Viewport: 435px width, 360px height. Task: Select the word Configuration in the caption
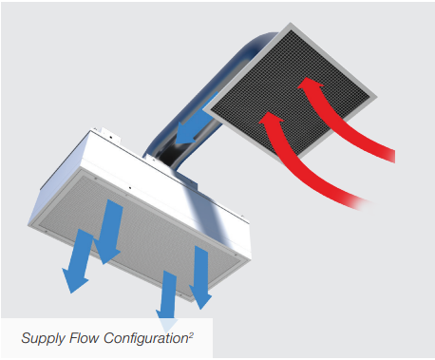[146, 338]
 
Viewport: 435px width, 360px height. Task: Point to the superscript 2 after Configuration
[191, 334]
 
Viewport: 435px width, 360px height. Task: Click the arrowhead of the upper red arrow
[310, 85]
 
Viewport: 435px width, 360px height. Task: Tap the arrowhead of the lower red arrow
[271, 120]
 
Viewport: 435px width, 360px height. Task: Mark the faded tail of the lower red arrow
[364, 204]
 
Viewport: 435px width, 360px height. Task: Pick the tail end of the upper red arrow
[391, 156]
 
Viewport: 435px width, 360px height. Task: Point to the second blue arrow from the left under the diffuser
[109, 231]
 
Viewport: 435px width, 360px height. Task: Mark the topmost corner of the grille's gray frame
[291, 23]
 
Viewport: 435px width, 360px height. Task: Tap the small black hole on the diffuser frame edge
[130, 188]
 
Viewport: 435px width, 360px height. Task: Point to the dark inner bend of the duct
[175, 156]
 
